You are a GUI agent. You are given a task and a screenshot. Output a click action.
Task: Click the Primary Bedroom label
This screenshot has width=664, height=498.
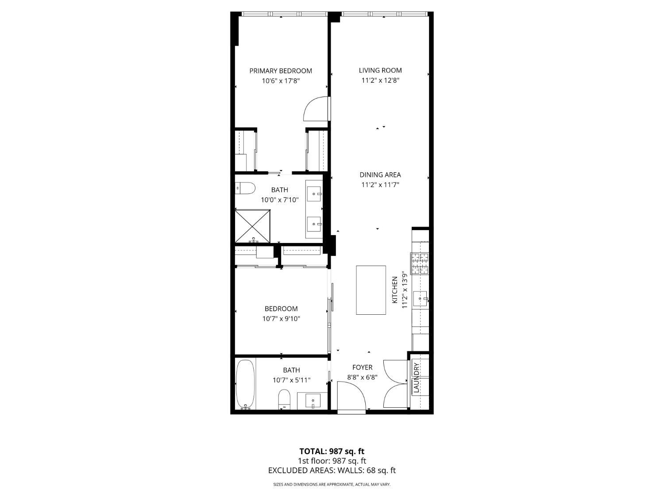click(281, 71)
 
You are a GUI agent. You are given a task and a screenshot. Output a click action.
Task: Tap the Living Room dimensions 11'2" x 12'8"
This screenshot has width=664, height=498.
click(380, 81)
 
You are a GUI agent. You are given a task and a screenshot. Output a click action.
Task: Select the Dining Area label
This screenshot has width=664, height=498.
click(380, 175)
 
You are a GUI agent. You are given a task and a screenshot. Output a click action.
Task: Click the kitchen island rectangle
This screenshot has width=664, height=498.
click(371, 290)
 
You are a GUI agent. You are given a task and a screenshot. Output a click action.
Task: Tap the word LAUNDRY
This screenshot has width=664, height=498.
click(416, 378)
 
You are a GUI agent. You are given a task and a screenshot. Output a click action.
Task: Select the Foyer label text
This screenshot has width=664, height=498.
click(362, 367)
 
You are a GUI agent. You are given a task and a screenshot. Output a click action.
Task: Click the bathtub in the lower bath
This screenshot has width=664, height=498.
click(245, 384)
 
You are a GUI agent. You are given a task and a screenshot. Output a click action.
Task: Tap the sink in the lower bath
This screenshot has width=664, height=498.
click(313, 400)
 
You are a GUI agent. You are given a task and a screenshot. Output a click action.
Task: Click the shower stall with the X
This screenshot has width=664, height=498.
click(252, 226)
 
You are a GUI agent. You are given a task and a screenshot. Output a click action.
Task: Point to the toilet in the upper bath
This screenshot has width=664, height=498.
click(245, 188)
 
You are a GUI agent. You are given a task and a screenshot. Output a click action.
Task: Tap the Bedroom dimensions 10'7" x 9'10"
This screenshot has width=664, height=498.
click(281, 319)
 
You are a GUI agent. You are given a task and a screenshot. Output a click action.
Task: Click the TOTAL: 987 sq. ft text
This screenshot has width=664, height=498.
click(332, 452)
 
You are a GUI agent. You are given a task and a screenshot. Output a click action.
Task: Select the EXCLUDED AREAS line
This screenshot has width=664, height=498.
click(332, 471)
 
